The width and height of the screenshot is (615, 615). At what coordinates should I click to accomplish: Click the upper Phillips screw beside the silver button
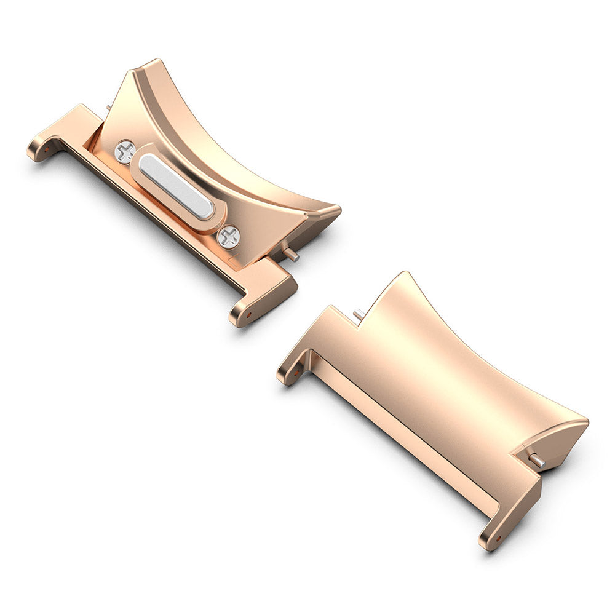(125, 151)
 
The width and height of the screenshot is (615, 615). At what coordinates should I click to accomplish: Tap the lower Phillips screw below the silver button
(229, 236)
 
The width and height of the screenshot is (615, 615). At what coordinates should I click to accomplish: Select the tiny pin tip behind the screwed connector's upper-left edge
(109, 108)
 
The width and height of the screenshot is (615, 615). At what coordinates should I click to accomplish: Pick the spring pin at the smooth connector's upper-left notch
(358, 314)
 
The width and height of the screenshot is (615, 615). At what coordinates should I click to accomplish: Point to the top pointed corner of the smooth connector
(404, 274)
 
